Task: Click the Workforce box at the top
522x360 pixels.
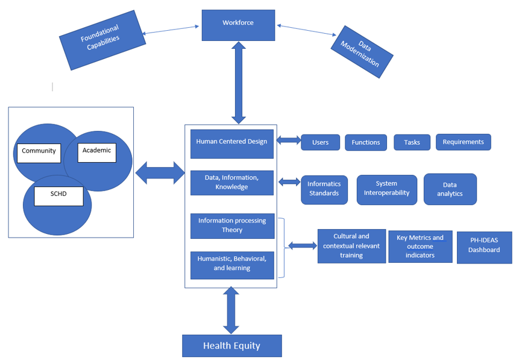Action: [x=238, y=25]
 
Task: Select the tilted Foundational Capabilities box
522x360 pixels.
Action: [x=102, y=39]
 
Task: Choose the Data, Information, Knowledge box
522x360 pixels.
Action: [x=231, y=183]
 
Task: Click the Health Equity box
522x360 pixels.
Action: [x=231, y=346]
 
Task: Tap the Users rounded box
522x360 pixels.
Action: [x=320, y=142]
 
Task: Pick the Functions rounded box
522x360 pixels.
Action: [x=366, y=142]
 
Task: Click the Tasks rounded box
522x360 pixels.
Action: [x=412, y=142]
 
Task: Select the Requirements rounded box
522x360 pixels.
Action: [x=463, y=142]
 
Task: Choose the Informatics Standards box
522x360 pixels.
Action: [x=324, y=189]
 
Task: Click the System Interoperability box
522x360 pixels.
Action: [x=386, y=189]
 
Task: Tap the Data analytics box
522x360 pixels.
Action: [x=450, y=189]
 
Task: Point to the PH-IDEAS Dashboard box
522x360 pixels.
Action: [x=484, y=247]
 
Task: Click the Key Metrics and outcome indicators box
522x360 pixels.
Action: [x=420, y=247]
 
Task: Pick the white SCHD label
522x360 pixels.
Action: [x=58, y=197]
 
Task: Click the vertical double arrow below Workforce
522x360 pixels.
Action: [x=239, y=83]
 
